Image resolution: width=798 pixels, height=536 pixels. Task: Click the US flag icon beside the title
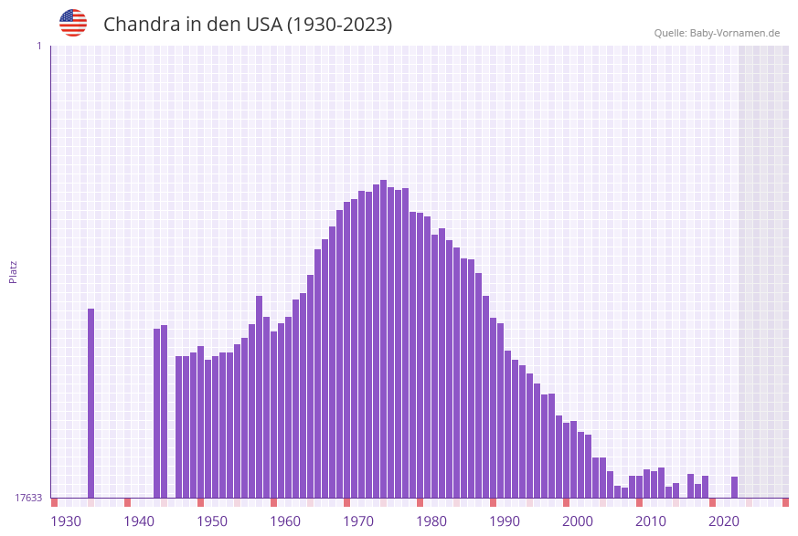tap(73, 23)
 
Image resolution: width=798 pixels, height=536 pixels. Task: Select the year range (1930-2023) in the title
tap(339, 25)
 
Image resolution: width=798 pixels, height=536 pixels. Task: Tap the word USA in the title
tap(264, 25)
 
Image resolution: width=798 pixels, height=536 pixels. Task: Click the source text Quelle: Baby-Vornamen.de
tap(717, 33)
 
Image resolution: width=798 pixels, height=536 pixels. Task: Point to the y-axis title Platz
tap(14, 271)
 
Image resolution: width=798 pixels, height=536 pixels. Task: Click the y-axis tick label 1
tap(38, 46)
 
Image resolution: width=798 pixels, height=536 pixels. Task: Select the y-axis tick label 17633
tap(28, 498)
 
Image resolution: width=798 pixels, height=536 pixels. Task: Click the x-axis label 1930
tap(66, 520)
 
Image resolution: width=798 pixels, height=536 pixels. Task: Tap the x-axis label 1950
tap(212, 520)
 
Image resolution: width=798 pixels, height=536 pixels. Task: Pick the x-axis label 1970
tap(358, 520)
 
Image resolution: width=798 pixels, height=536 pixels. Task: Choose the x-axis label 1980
tap(431, 520)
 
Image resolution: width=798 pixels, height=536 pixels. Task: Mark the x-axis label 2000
tap(578, 520)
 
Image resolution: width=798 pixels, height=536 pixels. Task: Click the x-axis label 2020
tap(724, 520)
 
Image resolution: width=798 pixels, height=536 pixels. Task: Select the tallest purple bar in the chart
tap(383, 338)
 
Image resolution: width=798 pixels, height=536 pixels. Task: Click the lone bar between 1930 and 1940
tap(90, 402)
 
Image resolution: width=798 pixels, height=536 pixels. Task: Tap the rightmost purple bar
tap(734, 487)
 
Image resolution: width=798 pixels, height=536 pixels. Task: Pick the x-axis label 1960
tap(285, 520)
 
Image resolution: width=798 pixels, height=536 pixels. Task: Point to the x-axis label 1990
tap(505, 520)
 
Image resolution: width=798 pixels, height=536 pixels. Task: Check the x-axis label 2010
tap(651, 520)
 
